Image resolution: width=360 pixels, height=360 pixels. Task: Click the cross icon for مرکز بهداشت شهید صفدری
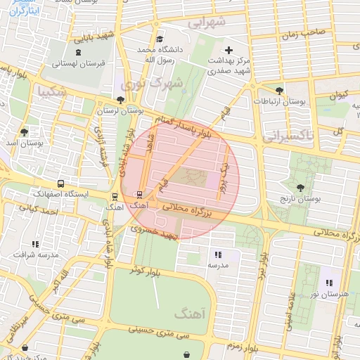pos(229,50)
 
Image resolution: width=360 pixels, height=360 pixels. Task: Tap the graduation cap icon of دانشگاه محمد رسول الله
pos(160,39)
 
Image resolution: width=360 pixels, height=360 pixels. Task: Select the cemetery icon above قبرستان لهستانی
pos(77,51)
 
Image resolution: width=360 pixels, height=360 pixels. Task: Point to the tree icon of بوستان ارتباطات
pos(280,90)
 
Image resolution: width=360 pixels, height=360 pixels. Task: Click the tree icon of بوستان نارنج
pos(301,188)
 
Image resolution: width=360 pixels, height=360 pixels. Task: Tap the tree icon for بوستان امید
pos(25,131)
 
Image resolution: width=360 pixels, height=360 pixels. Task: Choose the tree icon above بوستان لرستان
pos(119,100)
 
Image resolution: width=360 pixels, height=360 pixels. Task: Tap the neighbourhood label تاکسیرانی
pos(289,134)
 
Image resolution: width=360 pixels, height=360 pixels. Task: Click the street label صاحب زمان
pos(303,32)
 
